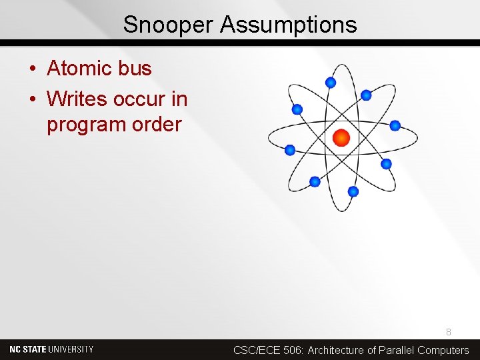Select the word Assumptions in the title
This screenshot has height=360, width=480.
pos(289,25)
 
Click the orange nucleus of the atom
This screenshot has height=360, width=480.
pos(341,138)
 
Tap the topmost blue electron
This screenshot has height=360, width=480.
pos(330,83)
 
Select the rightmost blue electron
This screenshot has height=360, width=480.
pos(395,125)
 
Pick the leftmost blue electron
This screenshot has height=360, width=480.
pos(290,150)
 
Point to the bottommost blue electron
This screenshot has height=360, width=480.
pos(353,191)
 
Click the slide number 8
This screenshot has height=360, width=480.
pos(449,331)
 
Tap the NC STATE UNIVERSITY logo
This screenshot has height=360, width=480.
pos(51,349)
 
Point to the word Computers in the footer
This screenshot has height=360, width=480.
pos(443,350)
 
